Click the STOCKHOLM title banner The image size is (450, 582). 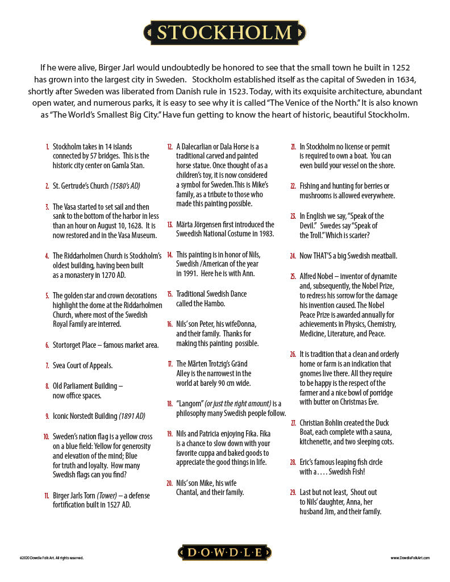[x=224, y=32]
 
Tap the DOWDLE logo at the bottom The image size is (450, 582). [x=225, y=552]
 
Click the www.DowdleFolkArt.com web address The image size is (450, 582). [x=410, y=558]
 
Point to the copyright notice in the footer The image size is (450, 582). [x=51, y=558]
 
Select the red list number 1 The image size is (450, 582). [x=48, y=147]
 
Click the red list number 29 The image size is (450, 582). [x=293, y=492]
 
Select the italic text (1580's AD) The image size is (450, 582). [x=125, y=186]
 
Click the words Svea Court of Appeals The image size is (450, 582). [x=82, y=365]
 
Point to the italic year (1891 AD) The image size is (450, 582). [x=132, y=416]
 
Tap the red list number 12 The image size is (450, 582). [x=170, y=147]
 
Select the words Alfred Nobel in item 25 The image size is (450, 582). [x=318, y=276]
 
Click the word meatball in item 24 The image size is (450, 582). [x=381, y=256]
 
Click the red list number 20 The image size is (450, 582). [x=169, y=483]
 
